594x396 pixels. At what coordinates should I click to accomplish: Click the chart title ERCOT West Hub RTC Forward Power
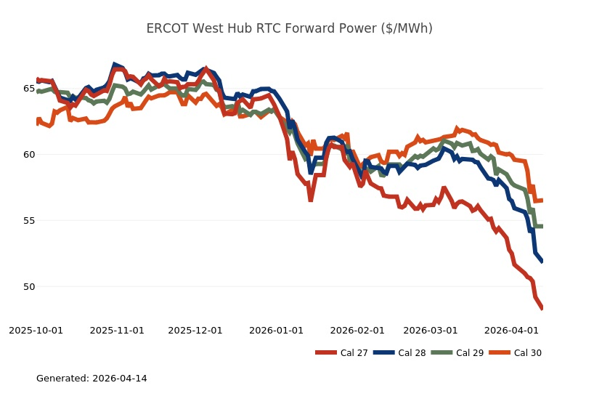coord(289,29)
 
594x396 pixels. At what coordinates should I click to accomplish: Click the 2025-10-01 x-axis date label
coord(36,331)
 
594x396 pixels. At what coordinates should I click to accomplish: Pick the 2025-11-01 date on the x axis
coord(117,331)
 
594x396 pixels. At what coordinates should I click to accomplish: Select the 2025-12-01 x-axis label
coord(195,331)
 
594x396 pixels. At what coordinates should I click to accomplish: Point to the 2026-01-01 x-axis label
coord(276,331)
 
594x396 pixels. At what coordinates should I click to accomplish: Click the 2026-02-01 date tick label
coord(357,331)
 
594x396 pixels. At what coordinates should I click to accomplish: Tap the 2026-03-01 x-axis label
coord(431,331)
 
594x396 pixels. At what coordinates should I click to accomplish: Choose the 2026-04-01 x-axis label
coord(511,331)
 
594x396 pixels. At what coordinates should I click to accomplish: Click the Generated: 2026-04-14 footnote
coord(91,379)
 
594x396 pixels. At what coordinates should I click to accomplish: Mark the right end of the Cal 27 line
coord(542,308)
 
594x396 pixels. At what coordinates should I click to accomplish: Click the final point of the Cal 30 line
coord(542,201)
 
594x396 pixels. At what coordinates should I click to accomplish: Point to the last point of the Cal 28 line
coord(542,261)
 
